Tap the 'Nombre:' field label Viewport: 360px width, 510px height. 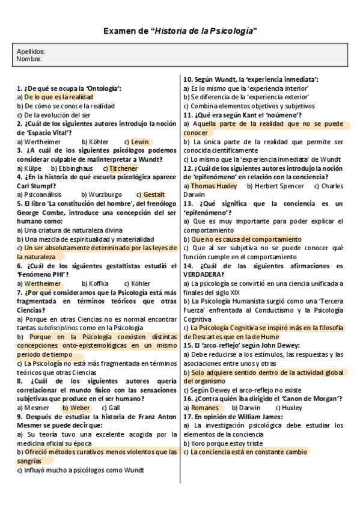[29, 59]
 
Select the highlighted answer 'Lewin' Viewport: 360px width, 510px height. [140, 141]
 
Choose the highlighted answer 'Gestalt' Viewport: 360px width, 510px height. [154, 194]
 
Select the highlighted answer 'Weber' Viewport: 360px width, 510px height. [81, 407]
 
